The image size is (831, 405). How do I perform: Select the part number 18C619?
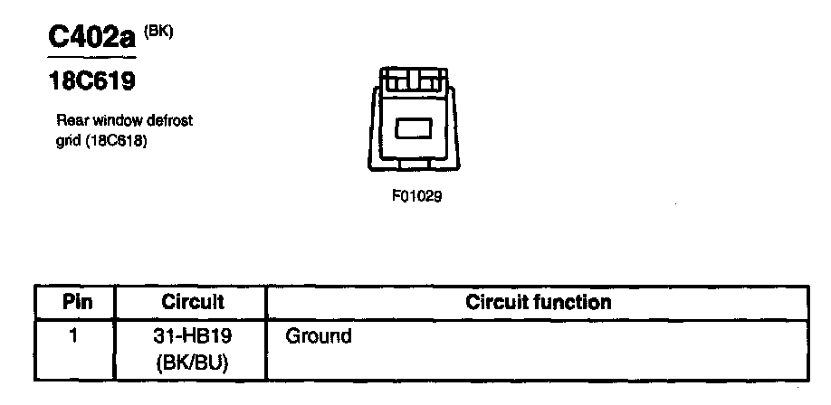(91, 81)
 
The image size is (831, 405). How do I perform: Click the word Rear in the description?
(70, 119)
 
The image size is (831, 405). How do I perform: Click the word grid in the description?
(68, 142)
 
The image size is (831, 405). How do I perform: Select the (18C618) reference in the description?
(116, 142)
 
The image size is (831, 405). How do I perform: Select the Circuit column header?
(192, 301)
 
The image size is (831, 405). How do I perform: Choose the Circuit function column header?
(538, 301)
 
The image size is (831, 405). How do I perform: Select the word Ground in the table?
(318, 337)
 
